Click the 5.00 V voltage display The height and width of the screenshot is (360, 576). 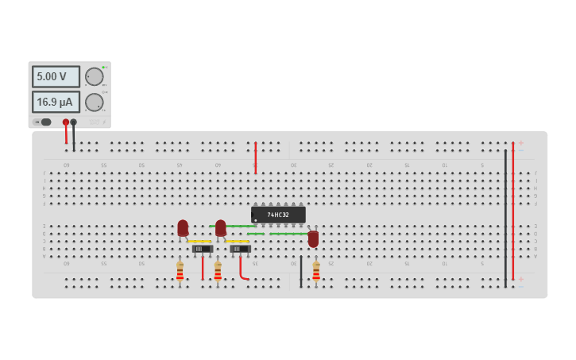tap(56, 76)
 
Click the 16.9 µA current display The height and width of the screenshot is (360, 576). tap(56, 102)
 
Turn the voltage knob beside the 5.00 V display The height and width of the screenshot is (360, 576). tap(94, 76)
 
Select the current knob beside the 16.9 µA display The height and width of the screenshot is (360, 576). tap(94, 102)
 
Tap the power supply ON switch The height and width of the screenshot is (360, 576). tap(44, 122)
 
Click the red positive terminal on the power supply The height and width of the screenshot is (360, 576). tap(66, 122)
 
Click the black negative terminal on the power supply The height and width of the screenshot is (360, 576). tap(74, 122)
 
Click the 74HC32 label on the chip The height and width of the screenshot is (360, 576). tap(278, 215)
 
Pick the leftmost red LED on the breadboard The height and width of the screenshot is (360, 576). tap(183, 228)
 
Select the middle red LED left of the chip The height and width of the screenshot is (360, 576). tap(220, 228)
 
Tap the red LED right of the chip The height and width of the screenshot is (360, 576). tap(313, 238)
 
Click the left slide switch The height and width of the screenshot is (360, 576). tap(202, 249)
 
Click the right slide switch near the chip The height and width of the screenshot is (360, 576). tap(240, 249)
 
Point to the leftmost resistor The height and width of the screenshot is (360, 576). tap(180, 272)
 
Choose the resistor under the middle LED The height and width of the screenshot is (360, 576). tap(218, 272)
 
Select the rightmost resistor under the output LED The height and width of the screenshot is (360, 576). tap(316, 272)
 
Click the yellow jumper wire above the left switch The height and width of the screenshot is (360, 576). tap(200, 241)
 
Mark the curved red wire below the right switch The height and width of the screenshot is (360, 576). tap(241, 270)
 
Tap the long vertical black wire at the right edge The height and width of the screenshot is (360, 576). tap(505, 219)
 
